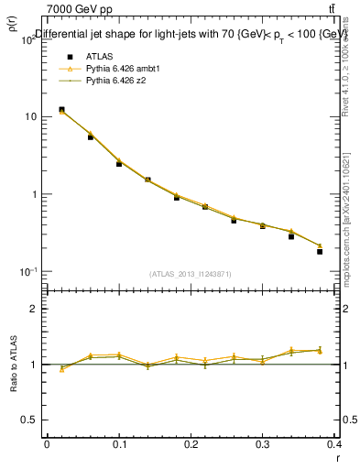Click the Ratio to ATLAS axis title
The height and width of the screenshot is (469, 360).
tap(15, 365)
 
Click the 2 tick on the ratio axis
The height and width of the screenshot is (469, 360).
tap(34, 309)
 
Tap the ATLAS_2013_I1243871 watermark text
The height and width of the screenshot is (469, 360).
tap(191, 274)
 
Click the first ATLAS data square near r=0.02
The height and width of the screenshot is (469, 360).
tap(61, 110)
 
